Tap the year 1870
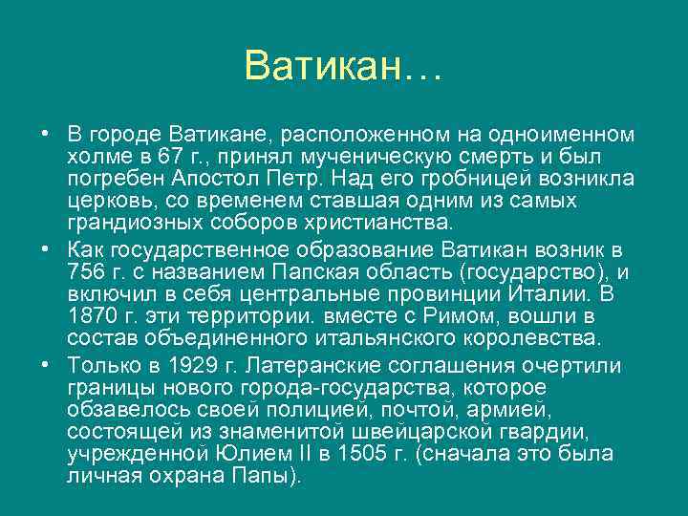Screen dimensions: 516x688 (x=91, y=316)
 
